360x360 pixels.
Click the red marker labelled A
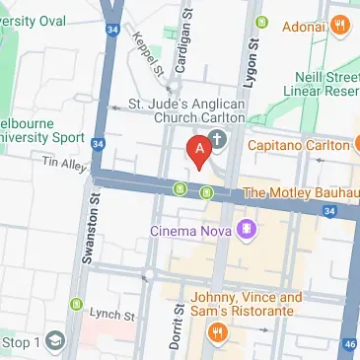[197, 151]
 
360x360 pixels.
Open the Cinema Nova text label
[189, 232]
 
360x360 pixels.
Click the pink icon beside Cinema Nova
[246, 231]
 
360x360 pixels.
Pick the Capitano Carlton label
[302, 146]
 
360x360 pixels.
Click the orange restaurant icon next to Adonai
[341, 26]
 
